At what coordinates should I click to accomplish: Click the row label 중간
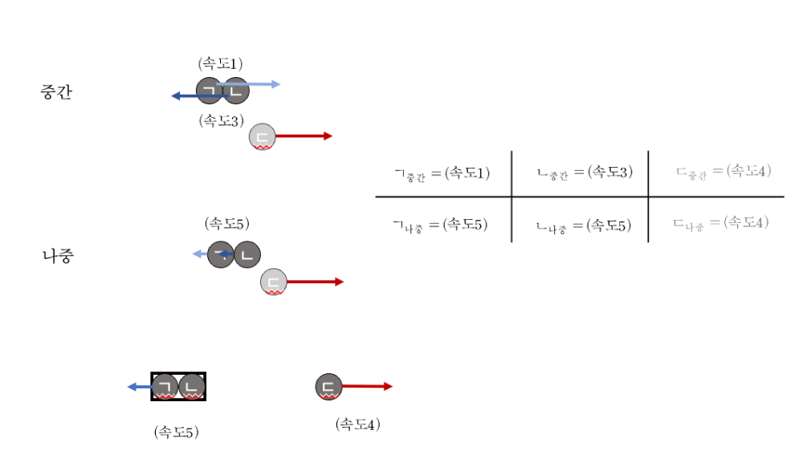coord(56,92)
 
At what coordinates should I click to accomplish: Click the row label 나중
coord(58,257)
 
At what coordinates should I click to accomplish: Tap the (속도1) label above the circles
coord(220,63)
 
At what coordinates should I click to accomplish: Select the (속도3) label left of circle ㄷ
coord(221,121)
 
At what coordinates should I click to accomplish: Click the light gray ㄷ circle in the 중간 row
coord(262,136)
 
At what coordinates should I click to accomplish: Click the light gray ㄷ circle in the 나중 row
coord(274,282)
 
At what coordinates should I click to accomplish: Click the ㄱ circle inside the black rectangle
coord(165,386)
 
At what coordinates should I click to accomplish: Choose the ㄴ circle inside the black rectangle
coord(192,386)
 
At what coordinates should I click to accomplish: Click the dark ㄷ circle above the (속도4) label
coord(328,387)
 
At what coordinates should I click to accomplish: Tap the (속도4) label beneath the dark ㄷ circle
coord(357,424)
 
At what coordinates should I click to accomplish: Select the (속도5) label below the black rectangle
coord(176,432)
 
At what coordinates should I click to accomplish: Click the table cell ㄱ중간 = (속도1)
coord(442,173)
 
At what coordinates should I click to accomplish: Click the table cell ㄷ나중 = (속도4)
coord(722,223)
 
